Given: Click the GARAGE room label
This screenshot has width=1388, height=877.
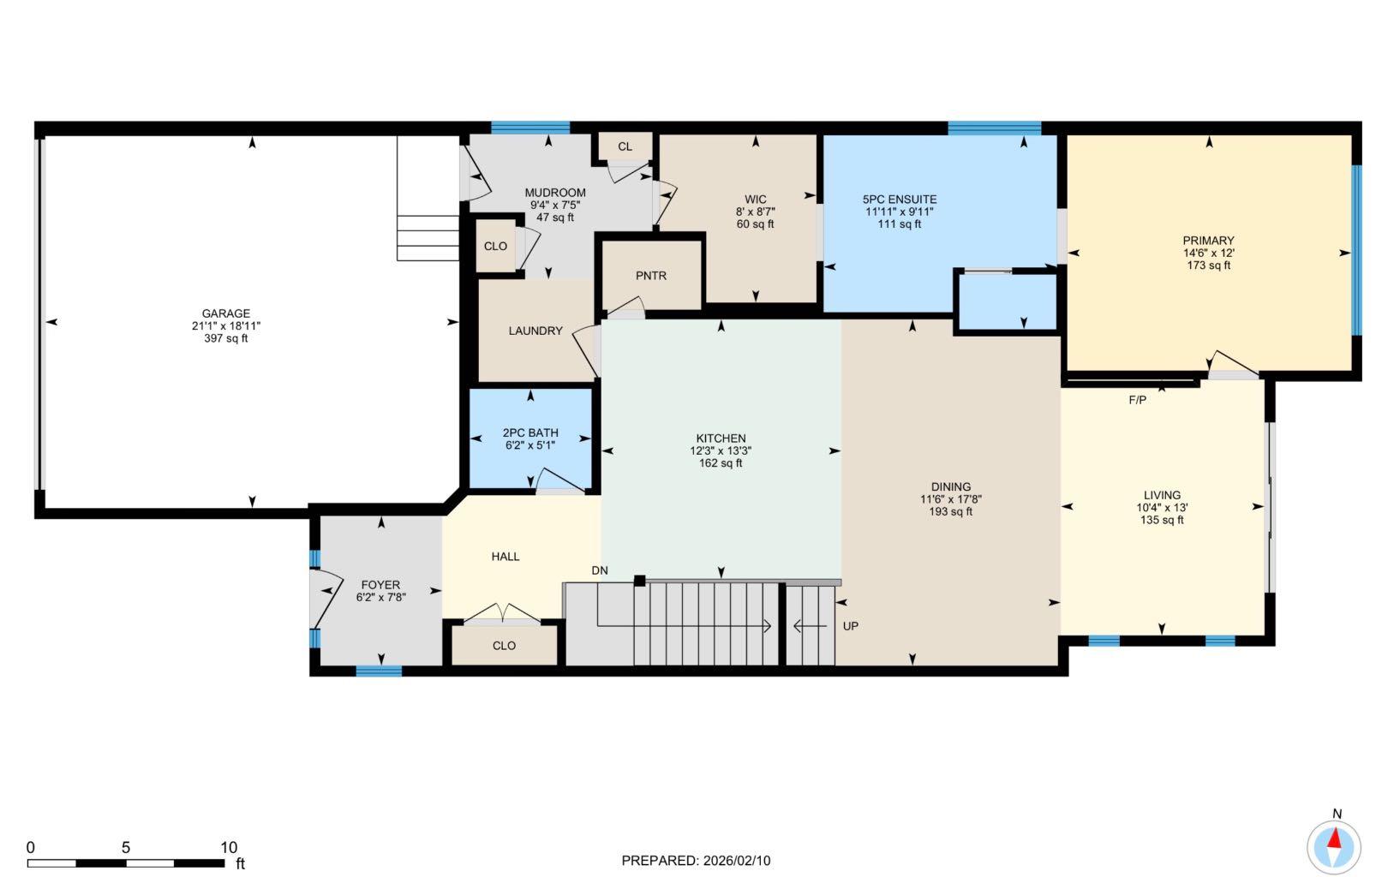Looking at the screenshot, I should [x=226, y=313].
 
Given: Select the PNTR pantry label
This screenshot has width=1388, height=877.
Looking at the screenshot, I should [x=651, y=276].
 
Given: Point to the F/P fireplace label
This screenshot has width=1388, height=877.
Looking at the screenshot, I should [x=1137, y=400].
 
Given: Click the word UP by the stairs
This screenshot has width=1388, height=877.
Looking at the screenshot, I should [x=850, y=626].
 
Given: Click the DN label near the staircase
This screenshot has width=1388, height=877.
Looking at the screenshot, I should [x=599, y=570].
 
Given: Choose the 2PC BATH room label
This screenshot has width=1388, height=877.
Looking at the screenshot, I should [x=530, y=433].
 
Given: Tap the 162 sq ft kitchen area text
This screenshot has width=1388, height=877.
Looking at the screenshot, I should [x=721, y=463].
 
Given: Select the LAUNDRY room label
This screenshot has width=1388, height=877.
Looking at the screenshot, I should [x=535, y=331].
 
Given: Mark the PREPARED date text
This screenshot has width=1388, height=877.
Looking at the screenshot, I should [x=696, y=861].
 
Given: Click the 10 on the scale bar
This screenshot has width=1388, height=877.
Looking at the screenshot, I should [x=228, y=848].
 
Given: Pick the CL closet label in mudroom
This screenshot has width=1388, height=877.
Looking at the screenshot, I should [x=625, y=146].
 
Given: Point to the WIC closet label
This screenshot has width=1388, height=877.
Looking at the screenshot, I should [x=755, y=200].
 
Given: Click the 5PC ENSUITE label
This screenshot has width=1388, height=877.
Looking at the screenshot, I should [x=900, y=199].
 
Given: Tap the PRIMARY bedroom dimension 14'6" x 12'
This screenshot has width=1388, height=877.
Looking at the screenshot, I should [x=1208, y=253].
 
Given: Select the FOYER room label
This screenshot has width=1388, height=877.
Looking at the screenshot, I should [x=380, y=585].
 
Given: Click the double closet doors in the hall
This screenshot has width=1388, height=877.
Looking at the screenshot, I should [x=503, y=613].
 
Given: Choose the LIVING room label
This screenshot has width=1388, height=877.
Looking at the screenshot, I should [x=1162, y=495].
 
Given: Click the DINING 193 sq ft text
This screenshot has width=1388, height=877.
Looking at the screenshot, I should [x=950, y=512].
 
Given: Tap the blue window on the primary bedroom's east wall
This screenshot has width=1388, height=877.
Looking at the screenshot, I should [x=1356, y=250].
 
